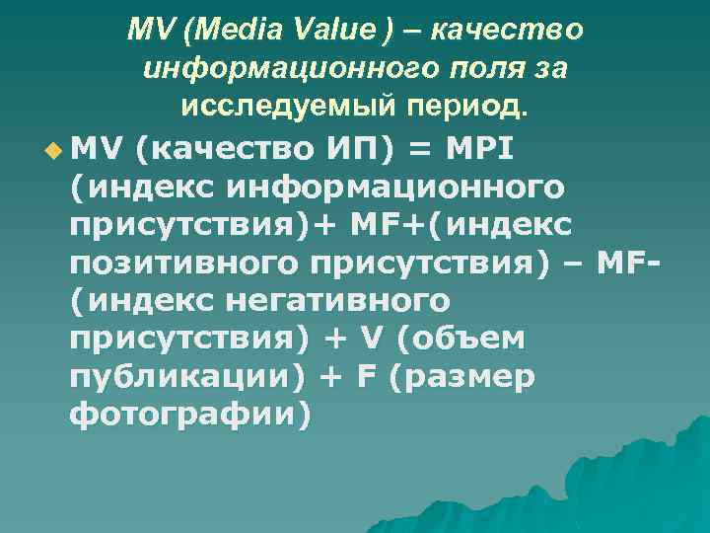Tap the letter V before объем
[x=367, y=339]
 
